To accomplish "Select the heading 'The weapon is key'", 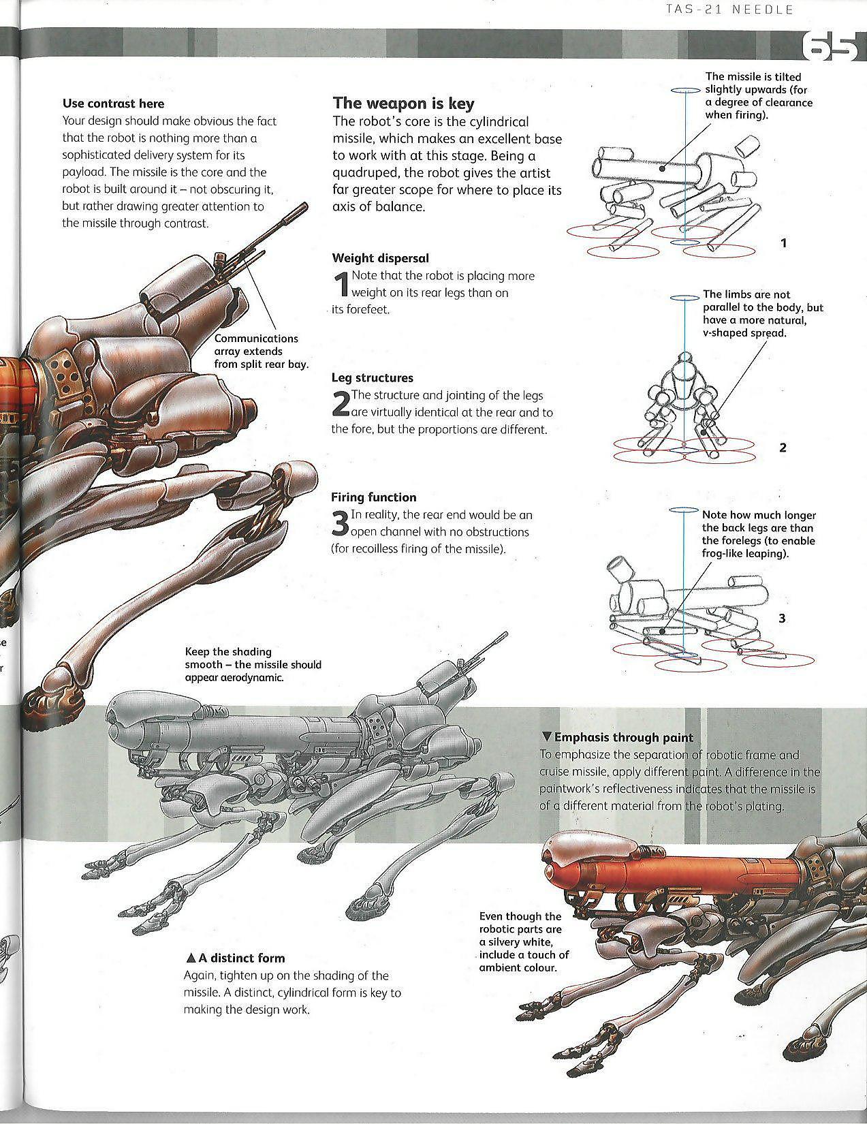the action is (x=403, y=104).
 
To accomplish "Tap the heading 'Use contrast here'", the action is (x=113, y=104).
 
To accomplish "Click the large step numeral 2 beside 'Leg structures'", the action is (x=340, y=404).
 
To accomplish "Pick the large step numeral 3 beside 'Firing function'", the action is (x=340, y=523).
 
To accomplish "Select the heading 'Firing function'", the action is (x=373, y=497).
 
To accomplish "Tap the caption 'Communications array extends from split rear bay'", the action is (x=261, y=351).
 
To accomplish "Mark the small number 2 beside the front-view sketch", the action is (x=783, y=448).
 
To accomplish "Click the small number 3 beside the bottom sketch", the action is (x=782, y=619).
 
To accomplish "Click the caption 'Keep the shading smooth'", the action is (x=253, y=664).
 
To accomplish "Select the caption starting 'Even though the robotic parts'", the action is (x=524, y=941).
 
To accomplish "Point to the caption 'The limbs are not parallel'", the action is (x=763, y=313).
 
